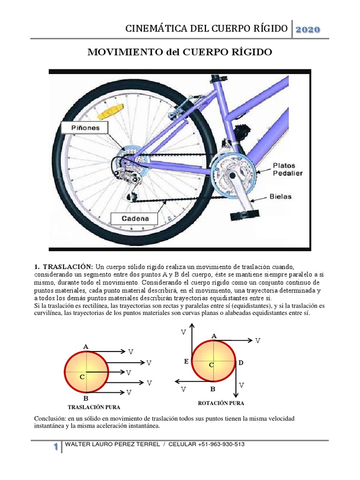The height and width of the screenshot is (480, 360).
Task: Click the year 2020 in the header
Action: pos(307,30)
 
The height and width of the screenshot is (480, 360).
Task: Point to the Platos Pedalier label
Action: pos(287,169)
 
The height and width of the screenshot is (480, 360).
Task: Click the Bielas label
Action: pos(280,196)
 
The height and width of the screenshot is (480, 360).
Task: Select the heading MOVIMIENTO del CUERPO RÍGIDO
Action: pos(180,52)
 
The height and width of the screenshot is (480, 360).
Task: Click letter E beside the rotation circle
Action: pos(186,361)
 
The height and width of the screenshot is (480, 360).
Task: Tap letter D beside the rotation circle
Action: pos(241,363)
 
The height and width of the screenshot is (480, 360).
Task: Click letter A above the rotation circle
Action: pos(214,336)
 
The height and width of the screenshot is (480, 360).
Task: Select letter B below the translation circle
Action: pos(86,398)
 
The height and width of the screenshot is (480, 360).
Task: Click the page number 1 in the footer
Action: pos(56,447)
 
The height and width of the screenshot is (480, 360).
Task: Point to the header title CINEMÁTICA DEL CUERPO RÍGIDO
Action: pos(206,29)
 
